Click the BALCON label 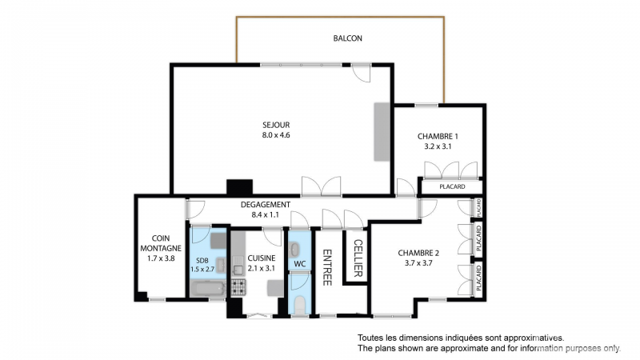click(347, 38)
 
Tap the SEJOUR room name click(276, 125)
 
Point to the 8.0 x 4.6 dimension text click(276, 135)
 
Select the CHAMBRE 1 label click(438, 136)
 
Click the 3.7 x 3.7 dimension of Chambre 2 click(418, 263)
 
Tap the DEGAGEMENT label click(266, 205)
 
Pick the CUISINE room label click(262, 258)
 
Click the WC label click(299, 264)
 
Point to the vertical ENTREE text click(327, 267)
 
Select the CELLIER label click(358, 258)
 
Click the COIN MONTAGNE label click(161, 243)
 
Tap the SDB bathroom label click(202, 261)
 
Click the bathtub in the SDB click(208, 290)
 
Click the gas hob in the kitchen click(238, 287)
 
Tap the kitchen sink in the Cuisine click(238, 266)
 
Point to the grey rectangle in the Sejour click(382, 132)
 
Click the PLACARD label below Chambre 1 click(452, 186)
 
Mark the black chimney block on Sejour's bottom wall click(239, 187)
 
